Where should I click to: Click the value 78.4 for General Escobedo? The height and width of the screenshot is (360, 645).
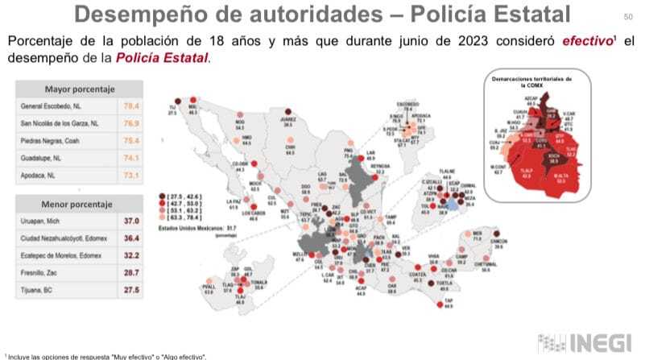point(130,106)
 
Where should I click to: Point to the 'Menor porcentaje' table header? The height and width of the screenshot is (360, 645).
point(80,204)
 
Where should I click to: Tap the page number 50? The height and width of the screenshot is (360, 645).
point(627,17)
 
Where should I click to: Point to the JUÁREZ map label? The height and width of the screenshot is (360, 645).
point(288,121)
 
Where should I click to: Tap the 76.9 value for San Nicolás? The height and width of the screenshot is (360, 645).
point(130,123)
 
